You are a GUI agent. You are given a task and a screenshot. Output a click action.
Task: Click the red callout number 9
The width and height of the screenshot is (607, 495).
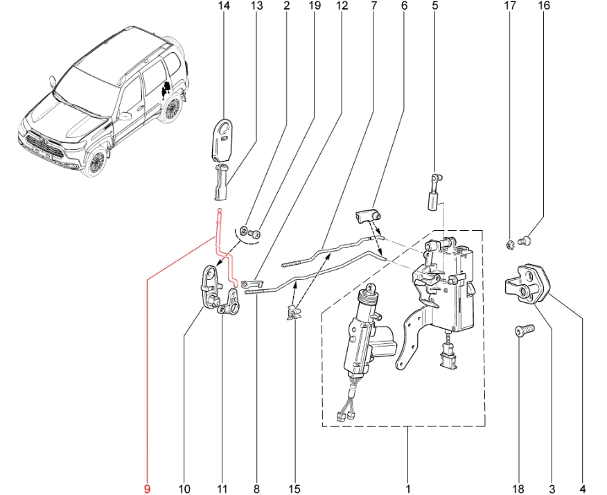click(146, 489)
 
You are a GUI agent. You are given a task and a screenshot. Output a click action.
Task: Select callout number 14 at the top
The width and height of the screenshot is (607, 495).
click(223, 6)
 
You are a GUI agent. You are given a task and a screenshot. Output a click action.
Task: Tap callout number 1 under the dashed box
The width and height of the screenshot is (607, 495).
click(407, 489)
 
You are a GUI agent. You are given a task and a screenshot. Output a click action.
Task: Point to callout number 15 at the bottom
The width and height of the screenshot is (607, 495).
click(295, 489)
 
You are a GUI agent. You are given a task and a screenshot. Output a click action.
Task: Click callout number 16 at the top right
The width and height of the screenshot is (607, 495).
click(543, 6)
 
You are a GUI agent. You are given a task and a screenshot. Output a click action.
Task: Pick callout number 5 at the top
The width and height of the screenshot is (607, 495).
click(435, 6)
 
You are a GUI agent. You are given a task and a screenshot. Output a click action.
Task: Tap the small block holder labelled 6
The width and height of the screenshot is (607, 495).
click(367, 217)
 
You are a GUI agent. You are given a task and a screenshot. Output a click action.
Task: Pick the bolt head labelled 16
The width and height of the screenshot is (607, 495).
click(526, 241)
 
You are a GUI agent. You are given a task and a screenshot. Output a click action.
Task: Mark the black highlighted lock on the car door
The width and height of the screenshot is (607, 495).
click(166, 87)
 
